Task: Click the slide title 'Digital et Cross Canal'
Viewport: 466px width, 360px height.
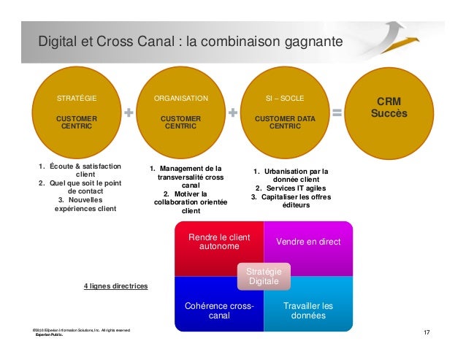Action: (190, 42)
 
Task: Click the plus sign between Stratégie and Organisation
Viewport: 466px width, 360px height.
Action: (129, 113)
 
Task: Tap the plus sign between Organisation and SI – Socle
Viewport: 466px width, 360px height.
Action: (233, 113)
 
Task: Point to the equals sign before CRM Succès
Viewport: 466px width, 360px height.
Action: (337, 113)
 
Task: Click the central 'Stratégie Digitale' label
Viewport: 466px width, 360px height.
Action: (264, 276)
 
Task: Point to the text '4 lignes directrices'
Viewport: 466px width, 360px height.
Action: (115, 286)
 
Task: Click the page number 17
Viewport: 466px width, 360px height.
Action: (427, 334)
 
